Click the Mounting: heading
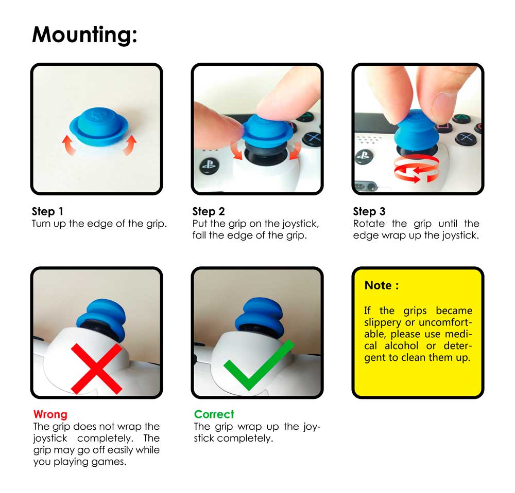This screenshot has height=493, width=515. [x=84, y=35]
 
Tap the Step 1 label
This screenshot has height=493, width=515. [x=47, y=211]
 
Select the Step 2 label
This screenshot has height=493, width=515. [x=209, y=211]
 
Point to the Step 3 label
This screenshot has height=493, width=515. [x=369, y=211]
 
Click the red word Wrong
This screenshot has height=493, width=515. [x=50, y=414]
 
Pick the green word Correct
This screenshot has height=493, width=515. [x=214, y=414]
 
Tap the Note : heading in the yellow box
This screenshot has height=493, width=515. [x=382, y=285]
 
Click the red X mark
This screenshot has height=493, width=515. [x=97, y=369]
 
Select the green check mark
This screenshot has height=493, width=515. [x=259, y=364]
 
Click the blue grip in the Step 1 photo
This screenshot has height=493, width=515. [x=98, y=126]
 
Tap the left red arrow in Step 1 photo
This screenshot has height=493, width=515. [x=68, y=145]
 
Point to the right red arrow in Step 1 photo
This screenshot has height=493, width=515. [x=130, y=144]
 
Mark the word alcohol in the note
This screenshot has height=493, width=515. [x=401, y=346]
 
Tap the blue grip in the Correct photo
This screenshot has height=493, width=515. [x=260, y=316]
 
